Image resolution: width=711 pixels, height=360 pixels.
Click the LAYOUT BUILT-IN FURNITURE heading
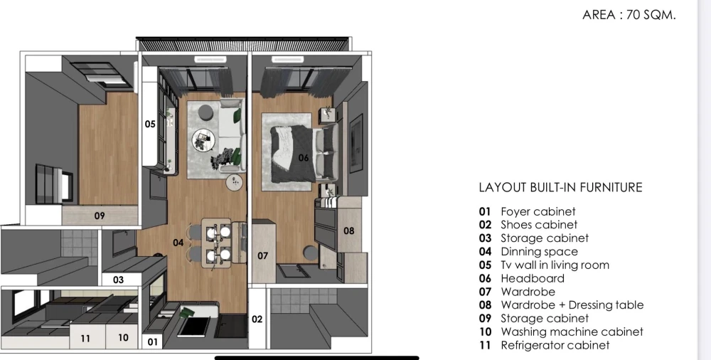coord(560,188)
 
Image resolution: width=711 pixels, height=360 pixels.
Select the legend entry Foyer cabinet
coord(538,211)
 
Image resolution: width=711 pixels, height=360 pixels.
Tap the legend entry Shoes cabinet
coord(538,225)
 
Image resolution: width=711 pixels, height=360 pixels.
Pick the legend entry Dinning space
coord(538,252)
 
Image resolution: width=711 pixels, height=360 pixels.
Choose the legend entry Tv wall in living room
coord(554,265)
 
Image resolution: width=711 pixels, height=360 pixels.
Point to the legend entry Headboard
coord(532,279)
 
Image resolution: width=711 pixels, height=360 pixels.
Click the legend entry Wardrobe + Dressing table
coord(571,305)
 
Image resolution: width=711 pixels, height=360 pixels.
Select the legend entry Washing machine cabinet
coord(571,332)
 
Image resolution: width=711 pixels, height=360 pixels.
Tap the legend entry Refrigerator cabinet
coord(554,346)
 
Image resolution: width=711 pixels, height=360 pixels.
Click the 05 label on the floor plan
coord(150,125)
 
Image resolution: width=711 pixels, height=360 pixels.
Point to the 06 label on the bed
coord(304,158)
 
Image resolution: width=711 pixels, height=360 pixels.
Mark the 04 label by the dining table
coord(178,243)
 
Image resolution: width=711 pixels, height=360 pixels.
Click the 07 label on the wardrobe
coord(262,255)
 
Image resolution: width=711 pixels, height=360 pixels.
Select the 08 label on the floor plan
coord(348,231)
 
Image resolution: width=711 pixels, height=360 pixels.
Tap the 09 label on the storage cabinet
coord(100,216)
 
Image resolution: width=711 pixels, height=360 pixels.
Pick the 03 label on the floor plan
coord(118,280)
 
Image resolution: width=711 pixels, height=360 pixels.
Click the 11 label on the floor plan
coord(85,339)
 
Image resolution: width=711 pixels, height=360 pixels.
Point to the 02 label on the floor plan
coord(257,319)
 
